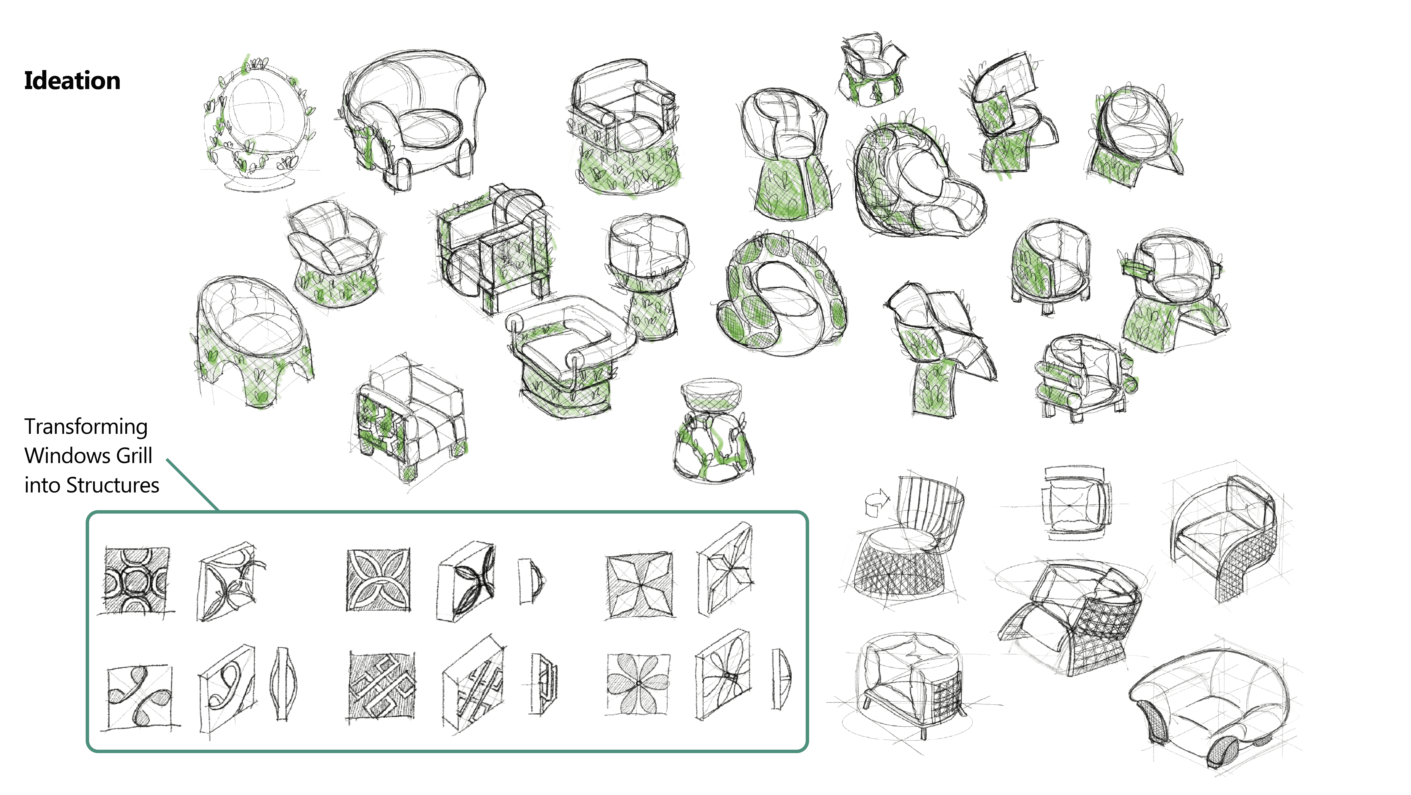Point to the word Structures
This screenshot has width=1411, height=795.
click(x=113, y=485)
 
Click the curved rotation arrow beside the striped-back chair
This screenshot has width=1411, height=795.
click(x=876, y=502)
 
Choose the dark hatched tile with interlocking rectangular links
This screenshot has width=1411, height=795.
click(x=382, y=685)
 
